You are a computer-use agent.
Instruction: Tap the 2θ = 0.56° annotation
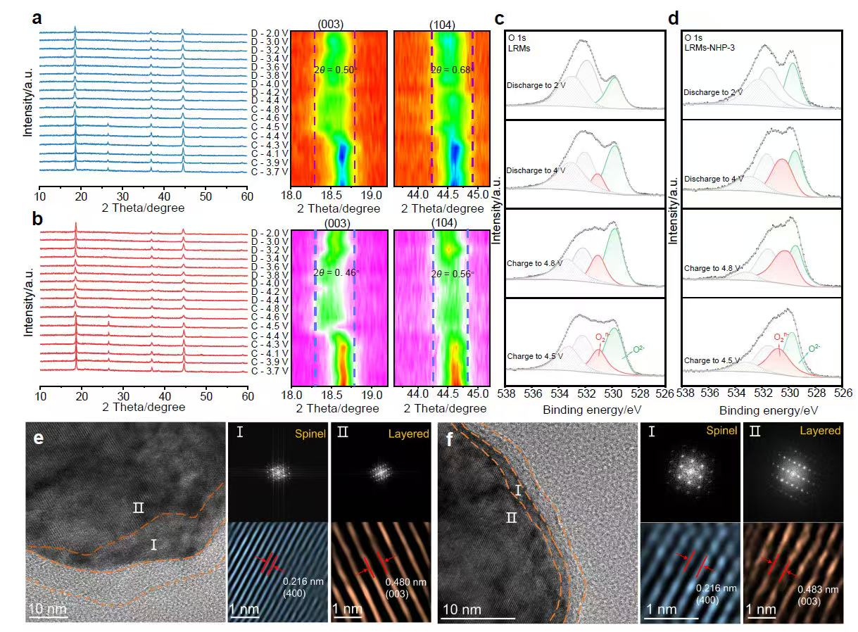coord(452,274)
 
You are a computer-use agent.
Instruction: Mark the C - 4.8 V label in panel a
coord(270,110)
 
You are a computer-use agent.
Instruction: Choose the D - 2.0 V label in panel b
coord(270,232)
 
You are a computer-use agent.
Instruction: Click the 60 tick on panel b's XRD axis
coord(246,393)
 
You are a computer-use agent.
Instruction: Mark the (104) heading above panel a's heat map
coord(442,26)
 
